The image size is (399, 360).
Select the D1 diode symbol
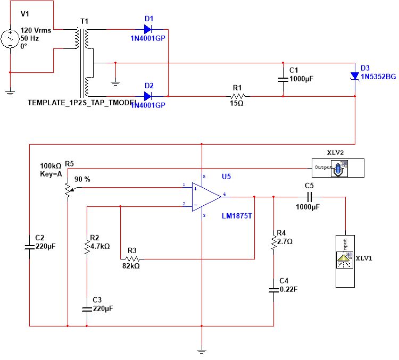(148, 29)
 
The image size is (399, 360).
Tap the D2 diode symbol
(148, 96)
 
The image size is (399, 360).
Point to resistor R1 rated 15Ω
(237, 96)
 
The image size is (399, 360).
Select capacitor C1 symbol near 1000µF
(283, 79)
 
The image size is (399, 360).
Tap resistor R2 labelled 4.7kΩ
(86, 246)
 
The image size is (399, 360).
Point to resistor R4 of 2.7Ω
(273, 242)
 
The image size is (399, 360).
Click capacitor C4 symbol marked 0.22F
(273, 290)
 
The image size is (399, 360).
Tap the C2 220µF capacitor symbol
(29, 246)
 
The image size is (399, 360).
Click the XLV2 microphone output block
(337, 168)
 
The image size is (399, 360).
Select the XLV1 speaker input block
(344, 261)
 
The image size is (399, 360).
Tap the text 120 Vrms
(36, 30)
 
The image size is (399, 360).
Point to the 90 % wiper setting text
(82, 179)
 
